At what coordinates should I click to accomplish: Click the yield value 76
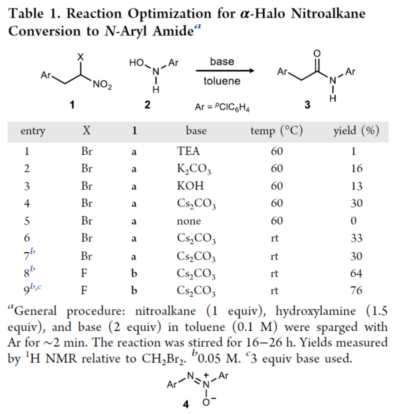pos(356,291)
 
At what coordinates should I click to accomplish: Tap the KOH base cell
pos(188,186)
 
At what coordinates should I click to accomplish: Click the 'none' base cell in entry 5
pos(189,221)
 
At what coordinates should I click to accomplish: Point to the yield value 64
pos(356,273)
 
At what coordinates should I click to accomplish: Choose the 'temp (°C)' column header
pos(276,131)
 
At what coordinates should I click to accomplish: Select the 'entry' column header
pos(33,131)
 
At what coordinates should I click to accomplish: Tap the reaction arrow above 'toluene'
pos(225,71)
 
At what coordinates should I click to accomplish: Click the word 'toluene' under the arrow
pos(222,81)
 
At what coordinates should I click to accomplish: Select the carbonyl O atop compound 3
pos(318,54)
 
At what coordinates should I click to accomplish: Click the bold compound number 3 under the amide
pos(307,106)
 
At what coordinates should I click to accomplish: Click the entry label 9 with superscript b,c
pos(33,290)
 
